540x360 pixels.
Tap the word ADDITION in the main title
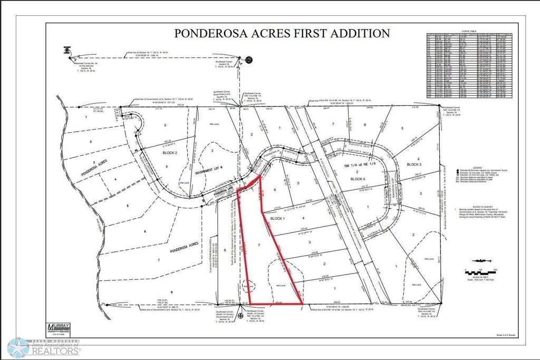pos(361,34)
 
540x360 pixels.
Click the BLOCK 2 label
pos(166,152)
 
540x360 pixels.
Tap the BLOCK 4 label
pos(360,179)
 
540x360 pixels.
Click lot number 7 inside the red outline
pos(258,246)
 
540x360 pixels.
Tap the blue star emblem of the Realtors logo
pos(18,348)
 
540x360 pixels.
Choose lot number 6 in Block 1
pos(274,190)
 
